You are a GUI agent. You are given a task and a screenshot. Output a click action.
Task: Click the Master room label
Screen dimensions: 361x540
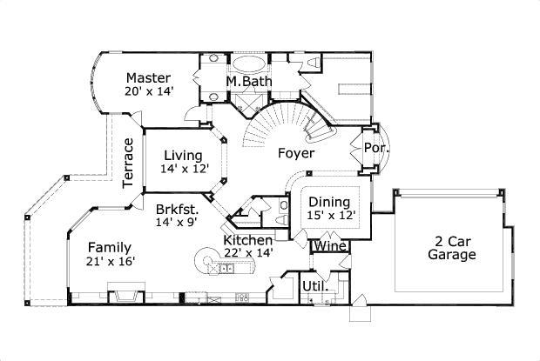click(x=148, y=78)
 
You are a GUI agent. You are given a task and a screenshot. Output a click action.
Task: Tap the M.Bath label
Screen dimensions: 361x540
click(x=248, y=82)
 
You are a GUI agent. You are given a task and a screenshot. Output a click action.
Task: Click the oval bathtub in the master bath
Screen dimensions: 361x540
click(x=248, y=64)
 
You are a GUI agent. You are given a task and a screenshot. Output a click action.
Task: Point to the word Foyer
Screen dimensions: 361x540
click(x=295, y=153)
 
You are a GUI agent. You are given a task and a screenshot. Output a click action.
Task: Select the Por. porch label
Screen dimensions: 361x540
click(x=375, y=148)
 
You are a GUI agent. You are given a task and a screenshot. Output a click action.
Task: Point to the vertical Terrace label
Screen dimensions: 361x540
click(x=128, y=162)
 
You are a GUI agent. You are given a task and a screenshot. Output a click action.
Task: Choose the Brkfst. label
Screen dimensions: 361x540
click(x=178, y=209)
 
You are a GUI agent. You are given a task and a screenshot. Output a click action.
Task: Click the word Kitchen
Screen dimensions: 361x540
click(x=248, y=240)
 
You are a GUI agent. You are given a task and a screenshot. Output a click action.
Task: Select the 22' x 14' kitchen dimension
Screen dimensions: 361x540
click(x=248, y=253)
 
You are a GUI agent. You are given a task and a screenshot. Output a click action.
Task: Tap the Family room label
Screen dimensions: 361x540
click(x=110, y=246)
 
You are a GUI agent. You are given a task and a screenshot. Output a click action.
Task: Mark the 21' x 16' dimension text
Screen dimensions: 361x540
click(x=111, y=260)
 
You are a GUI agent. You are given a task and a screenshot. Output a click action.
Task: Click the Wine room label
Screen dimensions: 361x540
click(x=330, y=246)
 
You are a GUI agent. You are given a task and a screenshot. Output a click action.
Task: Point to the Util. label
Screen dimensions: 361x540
click(x=314, y=285)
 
